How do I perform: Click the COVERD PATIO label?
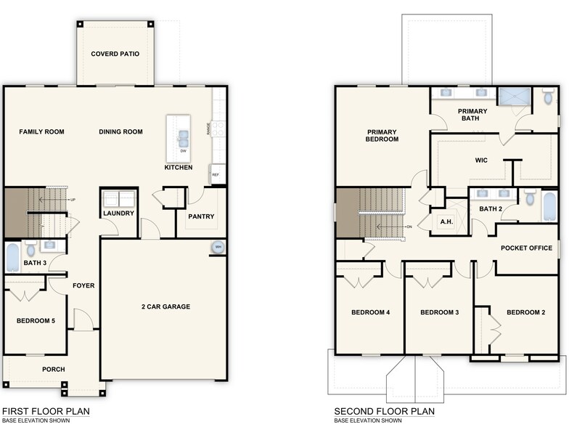click(115, 54)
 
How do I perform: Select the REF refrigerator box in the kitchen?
click(216, 175)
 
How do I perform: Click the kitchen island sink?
click(181, 135)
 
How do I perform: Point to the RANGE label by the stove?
click(209, 129)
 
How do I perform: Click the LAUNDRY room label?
click(118, 213)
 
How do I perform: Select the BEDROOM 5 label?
click(36, 321)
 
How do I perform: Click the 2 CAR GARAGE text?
click(165, 306)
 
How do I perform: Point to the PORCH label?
click(52, 369)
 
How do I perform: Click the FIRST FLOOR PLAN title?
click(46, 411)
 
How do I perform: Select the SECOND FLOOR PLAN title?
click(384, 411)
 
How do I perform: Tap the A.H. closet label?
click(445, 223)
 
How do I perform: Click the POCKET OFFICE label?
click(526, 248)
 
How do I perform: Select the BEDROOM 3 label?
click(441, 312)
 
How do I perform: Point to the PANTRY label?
click(200, 216)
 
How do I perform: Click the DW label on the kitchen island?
click(183, 151)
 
